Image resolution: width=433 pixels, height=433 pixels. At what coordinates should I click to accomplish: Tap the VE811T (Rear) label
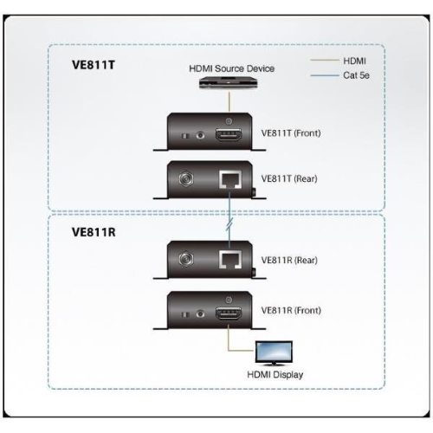(287, 183)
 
